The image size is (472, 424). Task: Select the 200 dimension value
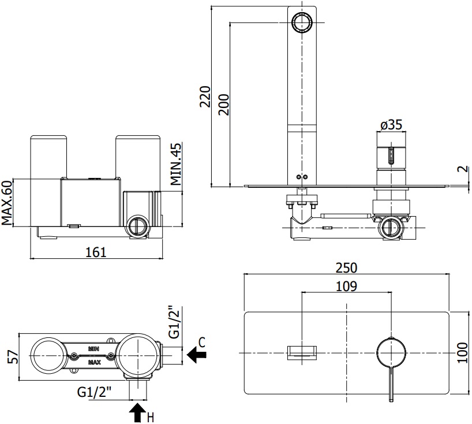(x=224, y=105)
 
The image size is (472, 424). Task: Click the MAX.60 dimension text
(x=8, y=202)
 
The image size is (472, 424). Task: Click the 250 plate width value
(x=347, y=268)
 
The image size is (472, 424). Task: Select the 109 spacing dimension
(x=346, y=286)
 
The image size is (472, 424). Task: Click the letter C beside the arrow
(x=202, y=343)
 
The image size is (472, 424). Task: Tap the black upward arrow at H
(x=137, y=412)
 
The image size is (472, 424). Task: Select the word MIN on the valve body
(x=94, y=348)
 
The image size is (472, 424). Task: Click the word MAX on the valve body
(x=94, y=363)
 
